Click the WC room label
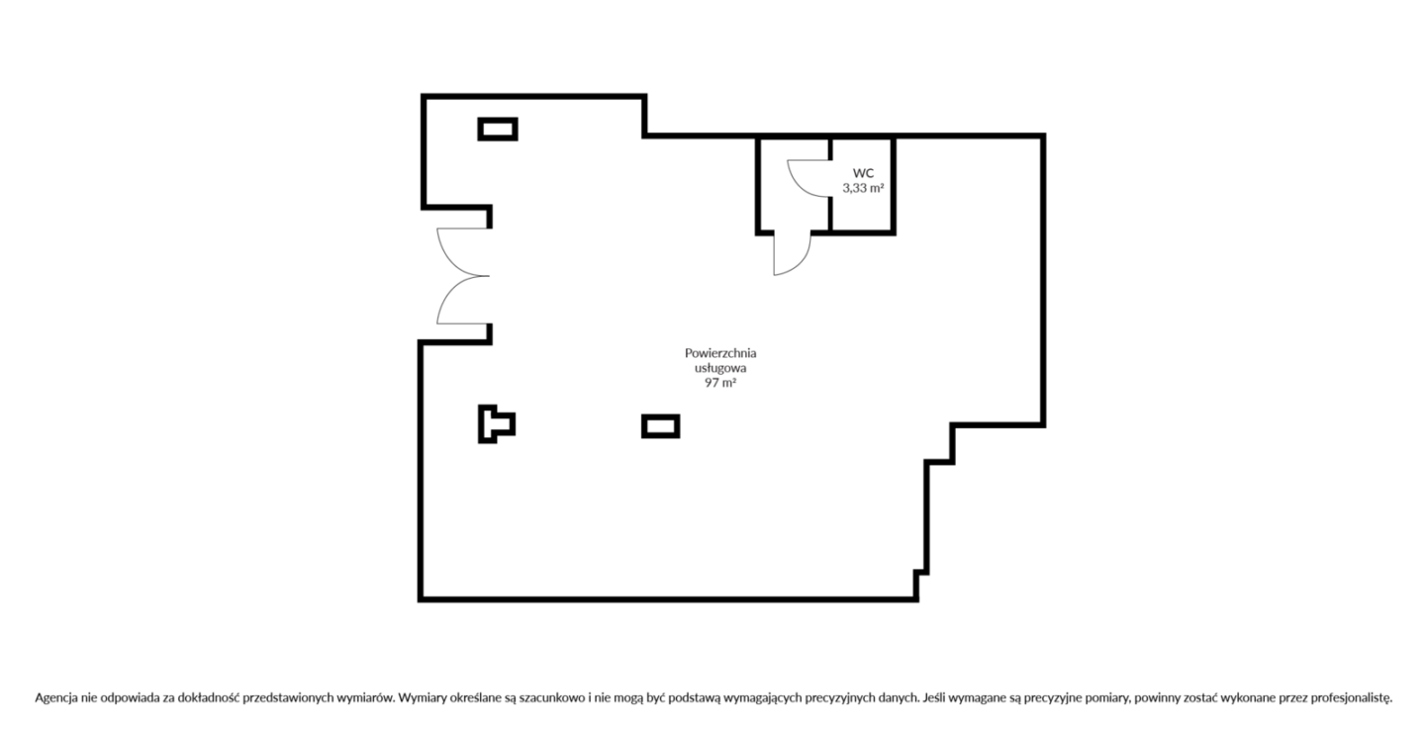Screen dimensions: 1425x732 click(863, 173)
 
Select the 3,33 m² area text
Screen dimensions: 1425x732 click(863, 188)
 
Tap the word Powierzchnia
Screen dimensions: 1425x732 click(720, 352)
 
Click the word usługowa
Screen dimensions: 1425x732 click(720, 368)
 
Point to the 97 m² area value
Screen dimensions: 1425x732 click(720, 383)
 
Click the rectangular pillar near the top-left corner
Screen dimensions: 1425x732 click(498, 130)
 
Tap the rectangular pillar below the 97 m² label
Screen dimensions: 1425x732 click(660, 426)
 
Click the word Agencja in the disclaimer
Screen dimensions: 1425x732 click(56, 698)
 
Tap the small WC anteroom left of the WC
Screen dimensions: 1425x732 click(794, 184)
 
